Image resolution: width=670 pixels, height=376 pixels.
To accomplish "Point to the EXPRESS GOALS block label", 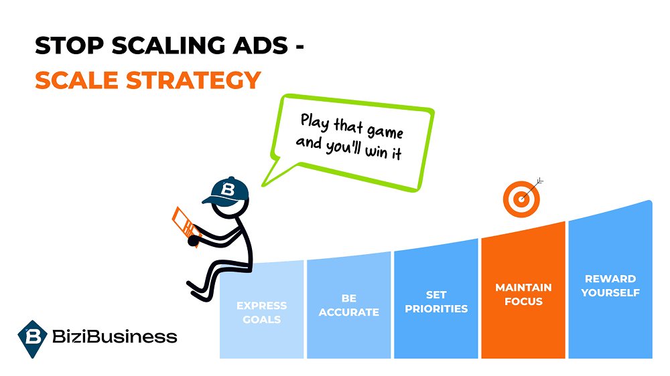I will pos(261,312).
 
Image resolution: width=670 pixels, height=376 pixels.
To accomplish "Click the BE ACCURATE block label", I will pos(348,305).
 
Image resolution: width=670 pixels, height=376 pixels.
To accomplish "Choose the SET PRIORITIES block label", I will pos(437,302).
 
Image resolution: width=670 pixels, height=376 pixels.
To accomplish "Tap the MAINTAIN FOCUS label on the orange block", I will pos(523,294).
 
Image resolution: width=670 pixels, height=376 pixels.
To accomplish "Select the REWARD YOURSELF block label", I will pos(610,286).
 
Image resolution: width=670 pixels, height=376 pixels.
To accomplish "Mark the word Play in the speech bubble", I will pos(314,122).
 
